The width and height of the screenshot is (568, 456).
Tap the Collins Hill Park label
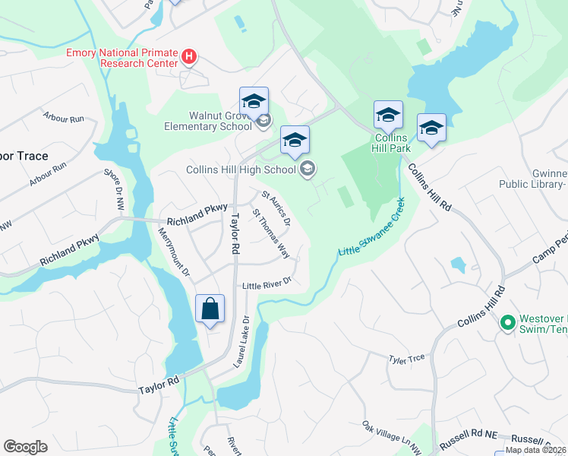coord(390,144)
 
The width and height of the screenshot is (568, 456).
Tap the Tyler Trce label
coord(405,359)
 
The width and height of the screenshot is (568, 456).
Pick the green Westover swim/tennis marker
coord(507,323)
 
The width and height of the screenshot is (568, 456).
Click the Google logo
coord(25,447)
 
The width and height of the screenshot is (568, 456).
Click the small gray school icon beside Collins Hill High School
coord(308,169)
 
